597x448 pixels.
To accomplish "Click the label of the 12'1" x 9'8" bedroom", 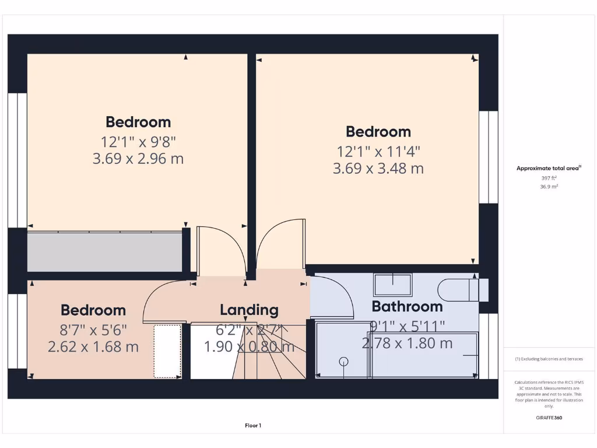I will pos(138,122).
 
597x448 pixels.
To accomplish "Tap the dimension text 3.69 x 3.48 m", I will pos(378,169).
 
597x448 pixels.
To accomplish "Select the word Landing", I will pos(249,310).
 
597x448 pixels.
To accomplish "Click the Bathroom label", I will pos(407,306).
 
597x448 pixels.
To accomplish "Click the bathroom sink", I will pos(392,285).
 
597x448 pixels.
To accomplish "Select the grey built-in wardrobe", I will pos(105,251).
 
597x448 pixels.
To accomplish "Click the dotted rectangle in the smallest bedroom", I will pos(167,351).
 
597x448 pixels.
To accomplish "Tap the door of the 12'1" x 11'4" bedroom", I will pos(280,245).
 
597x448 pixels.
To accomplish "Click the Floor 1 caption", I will pos(252,425).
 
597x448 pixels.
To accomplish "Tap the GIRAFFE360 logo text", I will pos(549,418).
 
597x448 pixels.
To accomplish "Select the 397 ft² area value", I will pos(549,178).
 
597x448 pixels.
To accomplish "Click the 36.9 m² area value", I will pos(549,187).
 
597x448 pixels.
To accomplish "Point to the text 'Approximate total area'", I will pos(548,168).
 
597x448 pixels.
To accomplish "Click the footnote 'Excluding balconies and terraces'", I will pos(549,359).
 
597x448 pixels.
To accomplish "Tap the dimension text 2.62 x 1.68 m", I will pos(93,347).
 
